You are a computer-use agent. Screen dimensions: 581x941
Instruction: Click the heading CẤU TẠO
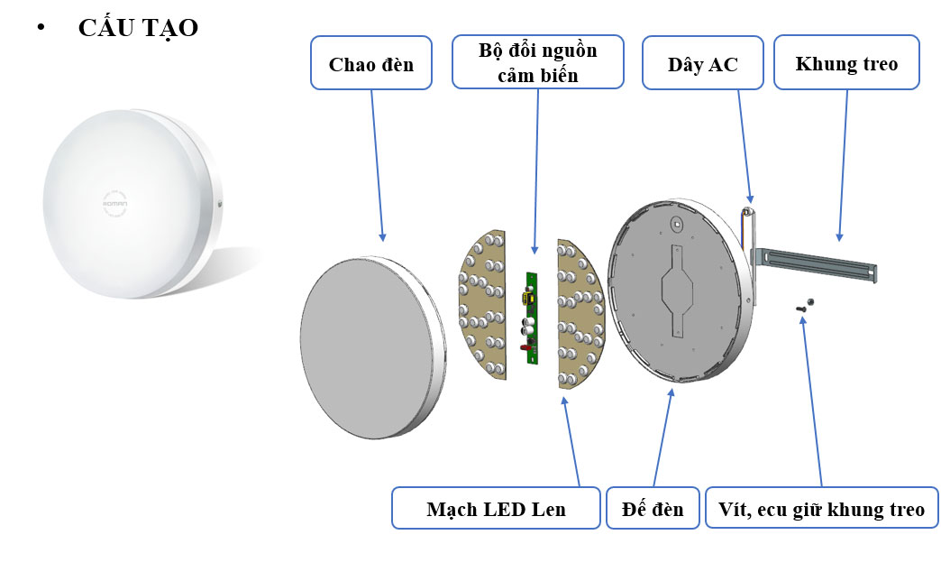click(137, 28)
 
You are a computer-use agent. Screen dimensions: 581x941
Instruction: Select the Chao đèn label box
click(370, 63)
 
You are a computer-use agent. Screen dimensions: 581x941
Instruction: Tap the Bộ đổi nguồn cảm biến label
click(537, 62)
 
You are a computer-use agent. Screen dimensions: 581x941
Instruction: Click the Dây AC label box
click(702, 63)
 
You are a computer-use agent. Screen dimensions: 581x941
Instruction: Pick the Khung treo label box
click(846, 63)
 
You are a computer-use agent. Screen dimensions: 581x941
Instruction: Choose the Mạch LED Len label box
click(496, 509)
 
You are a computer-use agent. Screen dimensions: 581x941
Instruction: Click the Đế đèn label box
click(653, 509)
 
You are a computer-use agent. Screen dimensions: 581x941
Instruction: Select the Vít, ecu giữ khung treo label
click(821, 509)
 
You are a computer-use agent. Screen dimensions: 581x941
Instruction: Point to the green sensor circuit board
click(531, 316)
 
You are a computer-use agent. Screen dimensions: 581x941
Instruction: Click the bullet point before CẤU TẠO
click(40, 28)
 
